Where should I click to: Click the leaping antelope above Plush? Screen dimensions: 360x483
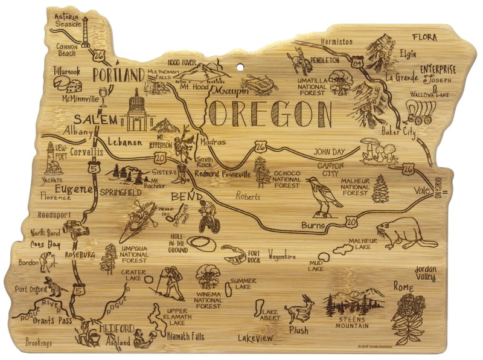coord(299,309)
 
